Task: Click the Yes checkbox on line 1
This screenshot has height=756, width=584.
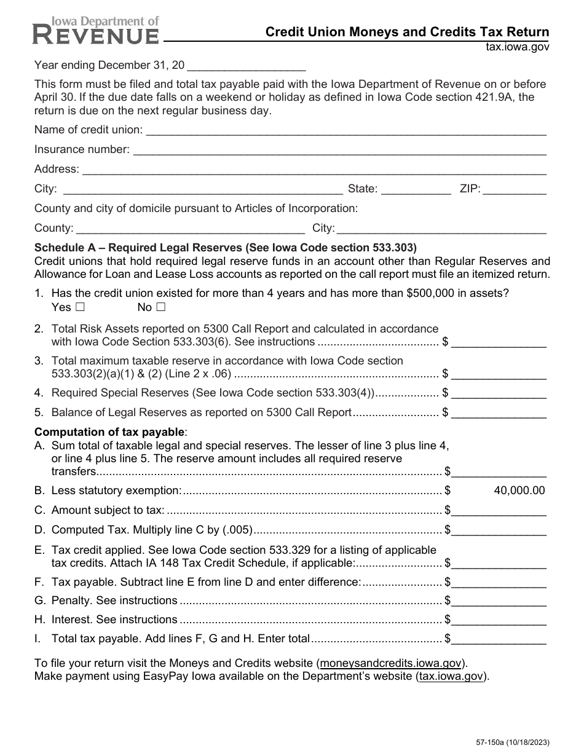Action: (x=79, y=307)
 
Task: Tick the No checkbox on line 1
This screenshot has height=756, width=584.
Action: (x=160, y=307)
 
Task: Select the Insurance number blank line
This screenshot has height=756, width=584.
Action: (x=339, y=149)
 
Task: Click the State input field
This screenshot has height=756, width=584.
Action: (x=416, y=189)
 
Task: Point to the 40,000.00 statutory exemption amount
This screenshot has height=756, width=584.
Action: (x=519, y=490)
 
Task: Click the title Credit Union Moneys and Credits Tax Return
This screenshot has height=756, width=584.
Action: (x=407, y=32)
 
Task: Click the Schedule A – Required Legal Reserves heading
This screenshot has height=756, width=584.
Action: (x=226, y=248)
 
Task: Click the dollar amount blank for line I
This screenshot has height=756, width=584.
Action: (x=499, y=639)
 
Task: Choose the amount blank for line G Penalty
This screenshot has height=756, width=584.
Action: (x=499, y=601)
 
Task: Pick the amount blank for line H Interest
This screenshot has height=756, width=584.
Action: (x=499, y=620)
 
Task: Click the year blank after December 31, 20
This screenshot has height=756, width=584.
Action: (x=249, y=65)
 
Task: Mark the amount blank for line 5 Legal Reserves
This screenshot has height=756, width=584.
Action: (x=499, y=413)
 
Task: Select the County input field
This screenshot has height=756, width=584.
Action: (x=190, y=229)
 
